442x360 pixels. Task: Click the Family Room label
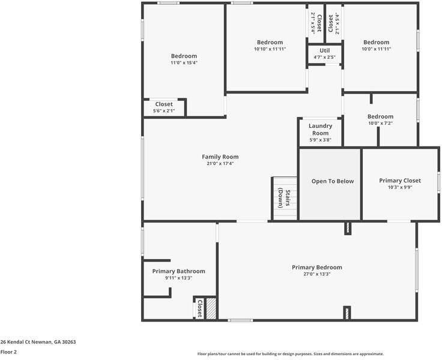point(220,157)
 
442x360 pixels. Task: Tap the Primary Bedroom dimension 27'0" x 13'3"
point(316,274)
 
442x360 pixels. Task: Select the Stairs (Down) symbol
point(284,198)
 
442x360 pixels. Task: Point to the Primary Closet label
point(399,180)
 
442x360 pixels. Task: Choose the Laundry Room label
point(320,129)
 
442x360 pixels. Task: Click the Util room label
point(324,50)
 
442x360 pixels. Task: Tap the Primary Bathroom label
point(178,271)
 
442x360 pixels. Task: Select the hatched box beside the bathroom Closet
point(211,308)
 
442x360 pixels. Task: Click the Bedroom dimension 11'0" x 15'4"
point(183,62)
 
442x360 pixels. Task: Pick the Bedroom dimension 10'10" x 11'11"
point(270,49)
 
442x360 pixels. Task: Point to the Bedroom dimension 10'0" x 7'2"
point(380,124)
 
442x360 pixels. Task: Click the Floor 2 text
point(8,352)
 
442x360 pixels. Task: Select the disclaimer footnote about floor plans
point(290,354)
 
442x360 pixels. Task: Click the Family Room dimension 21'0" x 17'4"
point(220,164)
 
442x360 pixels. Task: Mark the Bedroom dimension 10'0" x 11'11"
point(376,49)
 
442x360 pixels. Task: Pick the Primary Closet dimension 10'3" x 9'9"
point(399,187)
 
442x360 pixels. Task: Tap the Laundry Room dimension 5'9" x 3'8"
point(320,140)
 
